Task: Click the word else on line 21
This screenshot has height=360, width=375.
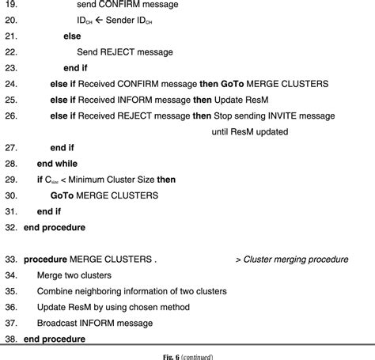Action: [72, 36]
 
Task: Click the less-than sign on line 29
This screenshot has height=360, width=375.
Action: [66, 180]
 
